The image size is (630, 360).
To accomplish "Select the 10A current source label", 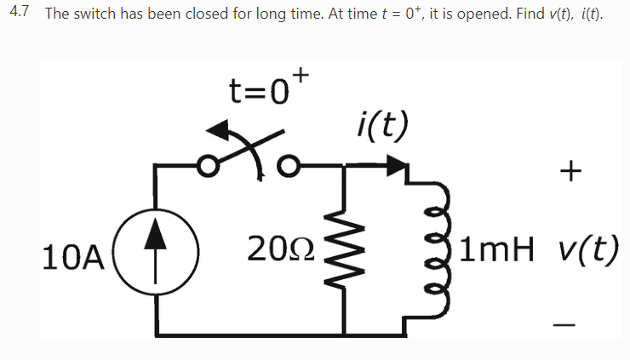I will (72, 254).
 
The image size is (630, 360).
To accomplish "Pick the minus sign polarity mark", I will (564, 324).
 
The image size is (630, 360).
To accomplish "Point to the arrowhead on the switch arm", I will (220, 132).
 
